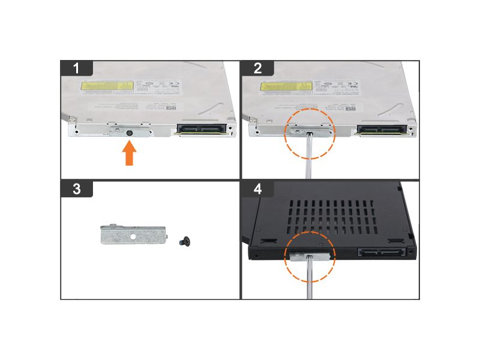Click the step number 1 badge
pyautogui.click(x=76, y=68)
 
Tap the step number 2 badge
pyautogui.click(x=257, y=68)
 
